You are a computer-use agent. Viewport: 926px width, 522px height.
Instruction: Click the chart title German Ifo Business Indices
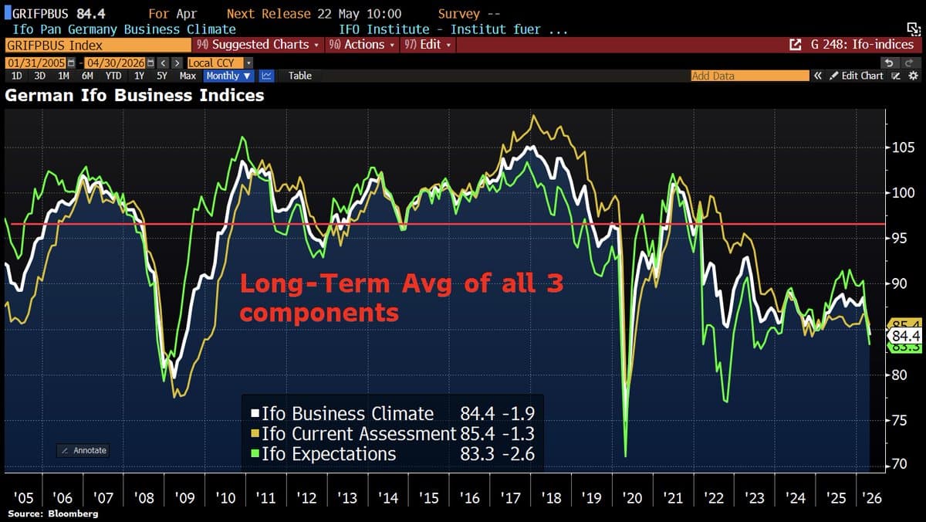click(x=135, y=96)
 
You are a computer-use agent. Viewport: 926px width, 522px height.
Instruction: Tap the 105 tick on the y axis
click(x=901, y=147)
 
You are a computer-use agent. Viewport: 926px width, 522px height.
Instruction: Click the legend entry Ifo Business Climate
click(x=347, y=413)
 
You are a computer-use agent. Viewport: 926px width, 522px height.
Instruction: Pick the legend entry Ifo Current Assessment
click(x=359, y=433)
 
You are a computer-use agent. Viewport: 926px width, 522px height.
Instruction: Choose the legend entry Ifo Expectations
click(x=329, y=453)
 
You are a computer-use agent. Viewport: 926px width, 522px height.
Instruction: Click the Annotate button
click(x=83, y=450)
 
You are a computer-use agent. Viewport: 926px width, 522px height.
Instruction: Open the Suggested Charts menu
click(x=259, y=45)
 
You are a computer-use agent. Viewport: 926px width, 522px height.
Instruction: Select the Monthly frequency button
click(x=228, y=76)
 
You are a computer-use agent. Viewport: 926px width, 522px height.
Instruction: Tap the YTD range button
click(x=113, y=76)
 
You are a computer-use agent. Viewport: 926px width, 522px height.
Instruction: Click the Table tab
click(x=300, y=76)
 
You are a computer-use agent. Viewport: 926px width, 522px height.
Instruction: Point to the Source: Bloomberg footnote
click(x=53, y=514)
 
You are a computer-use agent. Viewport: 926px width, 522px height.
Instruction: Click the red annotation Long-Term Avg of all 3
click(x=401, y=284)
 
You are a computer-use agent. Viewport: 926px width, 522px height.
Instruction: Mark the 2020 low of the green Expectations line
click(x=625, y=456)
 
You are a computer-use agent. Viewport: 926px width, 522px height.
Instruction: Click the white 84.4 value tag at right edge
click(x=904, y=336)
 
